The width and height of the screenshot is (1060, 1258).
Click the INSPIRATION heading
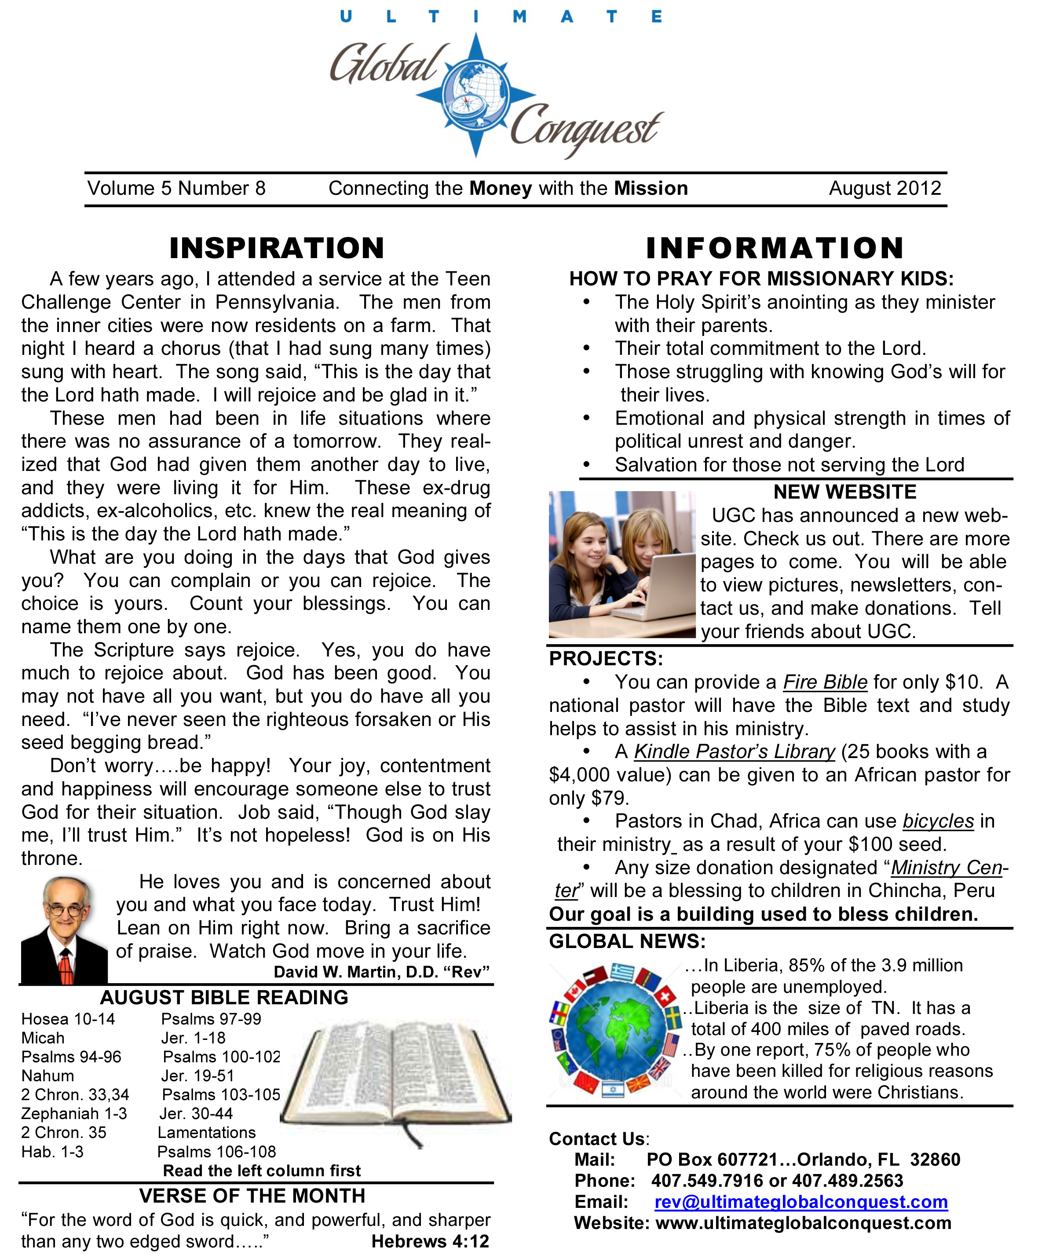(277, 248)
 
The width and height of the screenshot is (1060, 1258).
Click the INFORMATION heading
(775, 248)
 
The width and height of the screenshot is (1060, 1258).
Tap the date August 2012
(885, 189)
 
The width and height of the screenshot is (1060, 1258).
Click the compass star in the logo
(476, 95)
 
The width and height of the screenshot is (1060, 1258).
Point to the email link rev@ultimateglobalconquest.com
(801, 1202)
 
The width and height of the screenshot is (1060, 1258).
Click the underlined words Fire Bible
(825, 682)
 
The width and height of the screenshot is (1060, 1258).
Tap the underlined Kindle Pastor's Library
(735, 751)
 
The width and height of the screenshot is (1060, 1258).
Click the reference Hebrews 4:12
(430, 1241)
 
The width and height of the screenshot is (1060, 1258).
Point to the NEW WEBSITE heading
(845, 492)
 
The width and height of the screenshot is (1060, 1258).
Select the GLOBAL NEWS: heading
(627, 941)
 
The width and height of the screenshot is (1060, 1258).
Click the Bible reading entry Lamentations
(207, 1132)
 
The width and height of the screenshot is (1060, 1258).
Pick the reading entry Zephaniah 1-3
(74, 1113)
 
